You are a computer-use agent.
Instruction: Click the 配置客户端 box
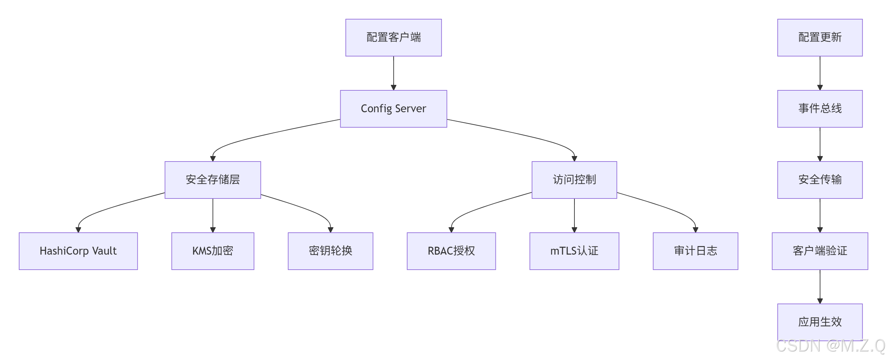[x=393, y=38]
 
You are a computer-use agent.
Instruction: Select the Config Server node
[x=393, y=108]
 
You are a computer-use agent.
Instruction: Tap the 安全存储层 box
[x=212, y=180]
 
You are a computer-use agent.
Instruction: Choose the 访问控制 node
[x=574, y=180]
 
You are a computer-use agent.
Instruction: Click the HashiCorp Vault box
[x=78, y=251]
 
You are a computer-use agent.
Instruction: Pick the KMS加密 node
[x=212, y=251]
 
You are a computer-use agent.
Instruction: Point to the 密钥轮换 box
[x=330, y=251]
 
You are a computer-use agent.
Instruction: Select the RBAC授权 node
[x=451, y=251]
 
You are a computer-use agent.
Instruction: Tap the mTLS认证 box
[x=574, y=251]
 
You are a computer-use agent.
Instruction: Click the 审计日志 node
[x=695, y=251]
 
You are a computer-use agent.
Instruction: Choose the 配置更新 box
[x=820, y=38]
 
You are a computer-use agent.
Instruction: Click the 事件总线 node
[x=820, y=108]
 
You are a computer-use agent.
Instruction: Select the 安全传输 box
[x=820, y=180]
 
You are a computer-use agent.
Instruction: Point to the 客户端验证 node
[x=820, y=251]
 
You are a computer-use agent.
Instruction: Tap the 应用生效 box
[x=820, y=322]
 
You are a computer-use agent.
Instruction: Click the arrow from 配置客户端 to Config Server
[x=393, y=73]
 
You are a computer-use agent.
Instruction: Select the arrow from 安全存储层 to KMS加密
[x=212, y=215]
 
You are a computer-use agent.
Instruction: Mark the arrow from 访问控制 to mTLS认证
[x=574, y=215]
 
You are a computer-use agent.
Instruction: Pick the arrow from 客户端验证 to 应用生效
[x=820, y=286]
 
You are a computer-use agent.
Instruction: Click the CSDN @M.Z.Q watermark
[x=830, y=346]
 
